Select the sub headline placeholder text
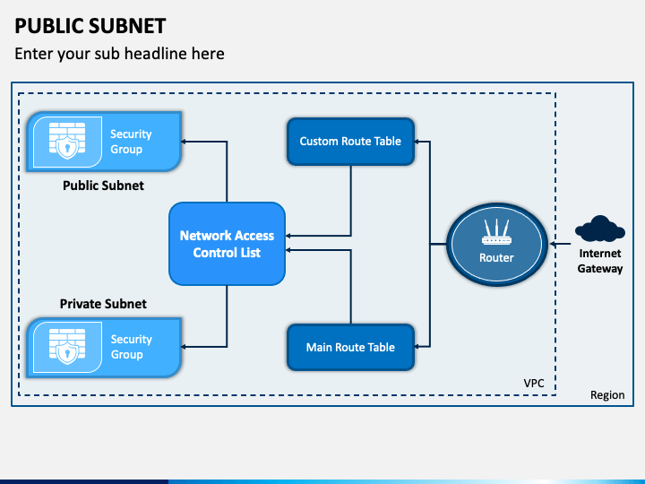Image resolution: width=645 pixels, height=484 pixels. coord(119,54)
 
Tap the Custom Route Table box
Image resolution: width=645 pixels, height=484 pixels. coord(350,142)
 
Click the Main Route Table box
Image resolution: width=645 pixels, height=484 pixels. coord(350,348)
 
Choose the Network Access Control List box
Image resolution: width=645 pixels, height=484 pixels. coord(227,244)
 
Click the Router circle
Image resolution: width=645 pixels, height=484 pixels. coord(496,244)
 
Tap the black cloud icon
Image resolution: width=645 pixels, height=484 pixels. coord(599,230)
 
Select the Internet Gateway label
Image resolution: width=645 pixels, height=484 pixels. coord(599,261)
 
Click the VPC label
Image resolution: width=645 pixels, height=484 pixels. coord(534,383)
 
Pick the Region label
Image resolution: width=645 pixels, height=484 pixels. coord(607,395)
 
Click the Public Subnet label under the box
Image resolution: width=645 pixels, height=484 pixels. coord(103,186)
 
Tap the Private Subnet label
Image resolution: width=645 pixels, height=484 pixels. coord(103,304)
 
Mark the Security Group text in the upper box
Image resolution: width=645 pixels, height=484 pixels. coord(131,142)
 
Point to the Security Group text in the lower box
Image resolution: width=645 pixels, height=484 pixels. coord(131,347)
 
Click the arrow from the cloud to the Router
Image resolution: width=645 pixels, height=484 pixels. coord(563,243)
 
